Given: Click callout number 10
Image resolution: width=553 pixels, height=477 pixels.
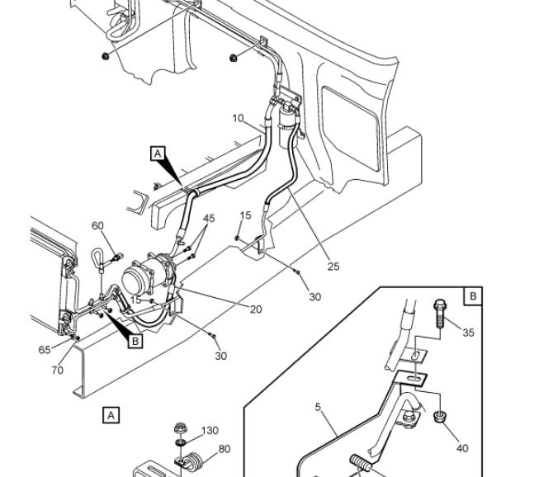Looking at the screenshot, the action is click(x=238, y=118).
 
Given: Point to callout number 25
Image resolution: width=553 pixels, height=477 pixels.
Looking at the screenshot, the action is click(x=333, y=267).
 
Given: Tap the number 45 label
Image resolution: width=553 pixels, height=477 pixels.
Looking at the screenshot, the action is click(x=209, y=218).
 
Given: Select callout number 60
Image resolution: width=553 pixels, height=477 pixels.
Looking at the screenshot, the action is click(x=97, y=225).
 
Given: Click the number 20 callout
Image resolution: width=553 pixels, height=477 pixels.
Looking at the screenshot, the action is click(x=256, y=309).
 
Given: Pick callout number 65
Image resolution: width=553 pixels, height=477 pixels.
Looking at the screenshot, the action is click(x=45, y=349).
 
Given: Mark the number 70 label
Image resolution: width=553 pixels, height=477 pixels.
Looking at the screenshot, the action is click(x=57, y=371).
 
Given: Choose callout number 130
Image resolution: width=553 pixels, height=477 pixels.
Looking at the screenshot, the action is click(x=210, y=430).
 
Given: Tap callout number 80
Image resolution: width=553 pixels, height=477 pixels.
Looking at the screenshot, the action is click(x=225, y=449).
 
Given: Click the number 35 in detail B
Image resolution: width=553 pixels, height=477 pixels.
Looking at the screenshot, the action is click(x=468, y=333).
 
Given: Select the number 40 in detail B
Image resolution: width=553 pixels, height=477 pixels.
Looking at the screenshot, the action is click(x=462, y=448).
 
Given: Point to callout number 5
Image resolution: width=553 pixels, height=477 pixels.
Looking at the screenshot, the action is click(x=318, y=407).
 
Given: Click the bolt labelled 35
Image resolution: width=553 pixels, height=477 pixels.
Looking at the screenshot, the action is click(x=440, y=314).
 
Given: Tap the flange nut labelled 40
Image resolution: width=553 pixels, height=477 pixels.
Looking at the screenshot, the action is click(x=440, y=417).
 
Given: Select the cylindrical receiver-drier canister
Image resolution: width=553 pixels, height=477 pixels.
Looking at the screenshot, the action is click(x=289, y=127).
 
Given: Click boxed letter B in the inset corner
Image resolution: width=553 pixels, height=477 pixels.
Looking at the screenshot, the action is click(x=473, y=295).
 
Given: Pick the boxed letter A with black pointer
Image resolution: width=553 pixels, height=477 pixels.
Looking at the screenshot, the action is click(x=158, y=153).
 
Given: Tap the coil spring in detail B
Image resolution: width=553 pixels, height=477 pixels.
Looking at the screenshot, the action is click(x=361, y=462).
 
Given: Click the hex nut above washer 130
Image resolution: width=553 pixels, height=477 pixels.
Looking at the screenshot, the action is click(x=180, y=428).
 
